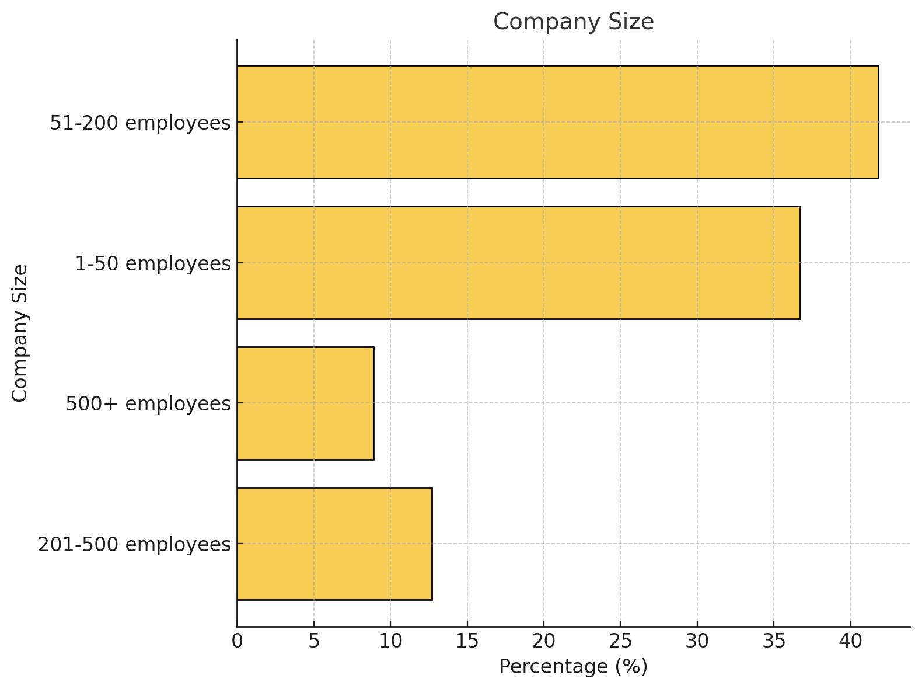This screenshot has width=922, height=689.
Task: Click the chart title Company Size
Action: click(x=573, y=22)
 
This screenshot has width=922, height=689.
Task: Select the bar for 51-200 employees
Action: click(x=557, y=121)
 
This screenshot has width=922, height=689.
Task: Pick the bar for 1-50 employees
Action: click(x=518, y=263)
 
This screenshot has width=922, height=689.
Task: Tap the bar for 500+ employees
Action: click(x=305, y=403)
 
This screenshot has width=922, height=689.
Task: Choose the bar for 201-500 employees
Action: click(x=334, y=544)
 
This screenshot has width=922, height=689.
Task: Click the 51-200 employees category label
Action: click(x=140, y=123)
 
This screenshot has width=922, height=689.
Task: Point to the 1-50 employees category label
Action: click(x=153, y=264)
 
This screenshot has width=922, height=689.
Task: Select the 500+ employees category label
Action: click(x=148, y=403)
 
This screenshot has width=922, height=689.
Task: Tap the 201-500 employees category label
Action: click(x=134, y=544)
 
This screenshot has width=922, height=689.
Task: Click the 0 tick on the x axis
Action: click(x=237, y=641)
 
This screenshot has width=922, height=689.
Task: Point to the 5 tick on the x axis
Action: click(x=314, y=641)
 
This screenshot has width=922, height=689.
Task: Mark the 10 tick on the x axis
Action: click(x=390, y=641)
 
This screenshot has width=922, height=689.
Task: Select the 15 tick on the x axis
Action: click(x=467, y=641)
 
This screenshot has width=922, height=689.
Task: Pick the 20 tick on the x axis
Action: click(x=544, y=641)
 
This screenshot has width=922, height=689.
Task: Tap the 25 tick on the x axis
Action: click(x=620, y=641)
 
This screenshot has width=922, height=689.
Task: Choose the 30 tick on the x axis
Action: click(x=697, y=641)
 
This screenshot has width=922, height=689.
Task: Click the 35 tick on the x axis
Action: click(x=774, y=641)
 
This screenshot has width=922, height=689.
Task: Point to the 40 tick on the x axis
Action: click(x=851, y=641)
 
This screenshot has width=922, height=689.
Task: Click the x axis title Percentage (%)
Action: click(x=573, y=667)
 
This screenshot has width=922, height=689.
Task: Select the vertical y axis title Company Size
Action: click(x=20, y=333)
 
